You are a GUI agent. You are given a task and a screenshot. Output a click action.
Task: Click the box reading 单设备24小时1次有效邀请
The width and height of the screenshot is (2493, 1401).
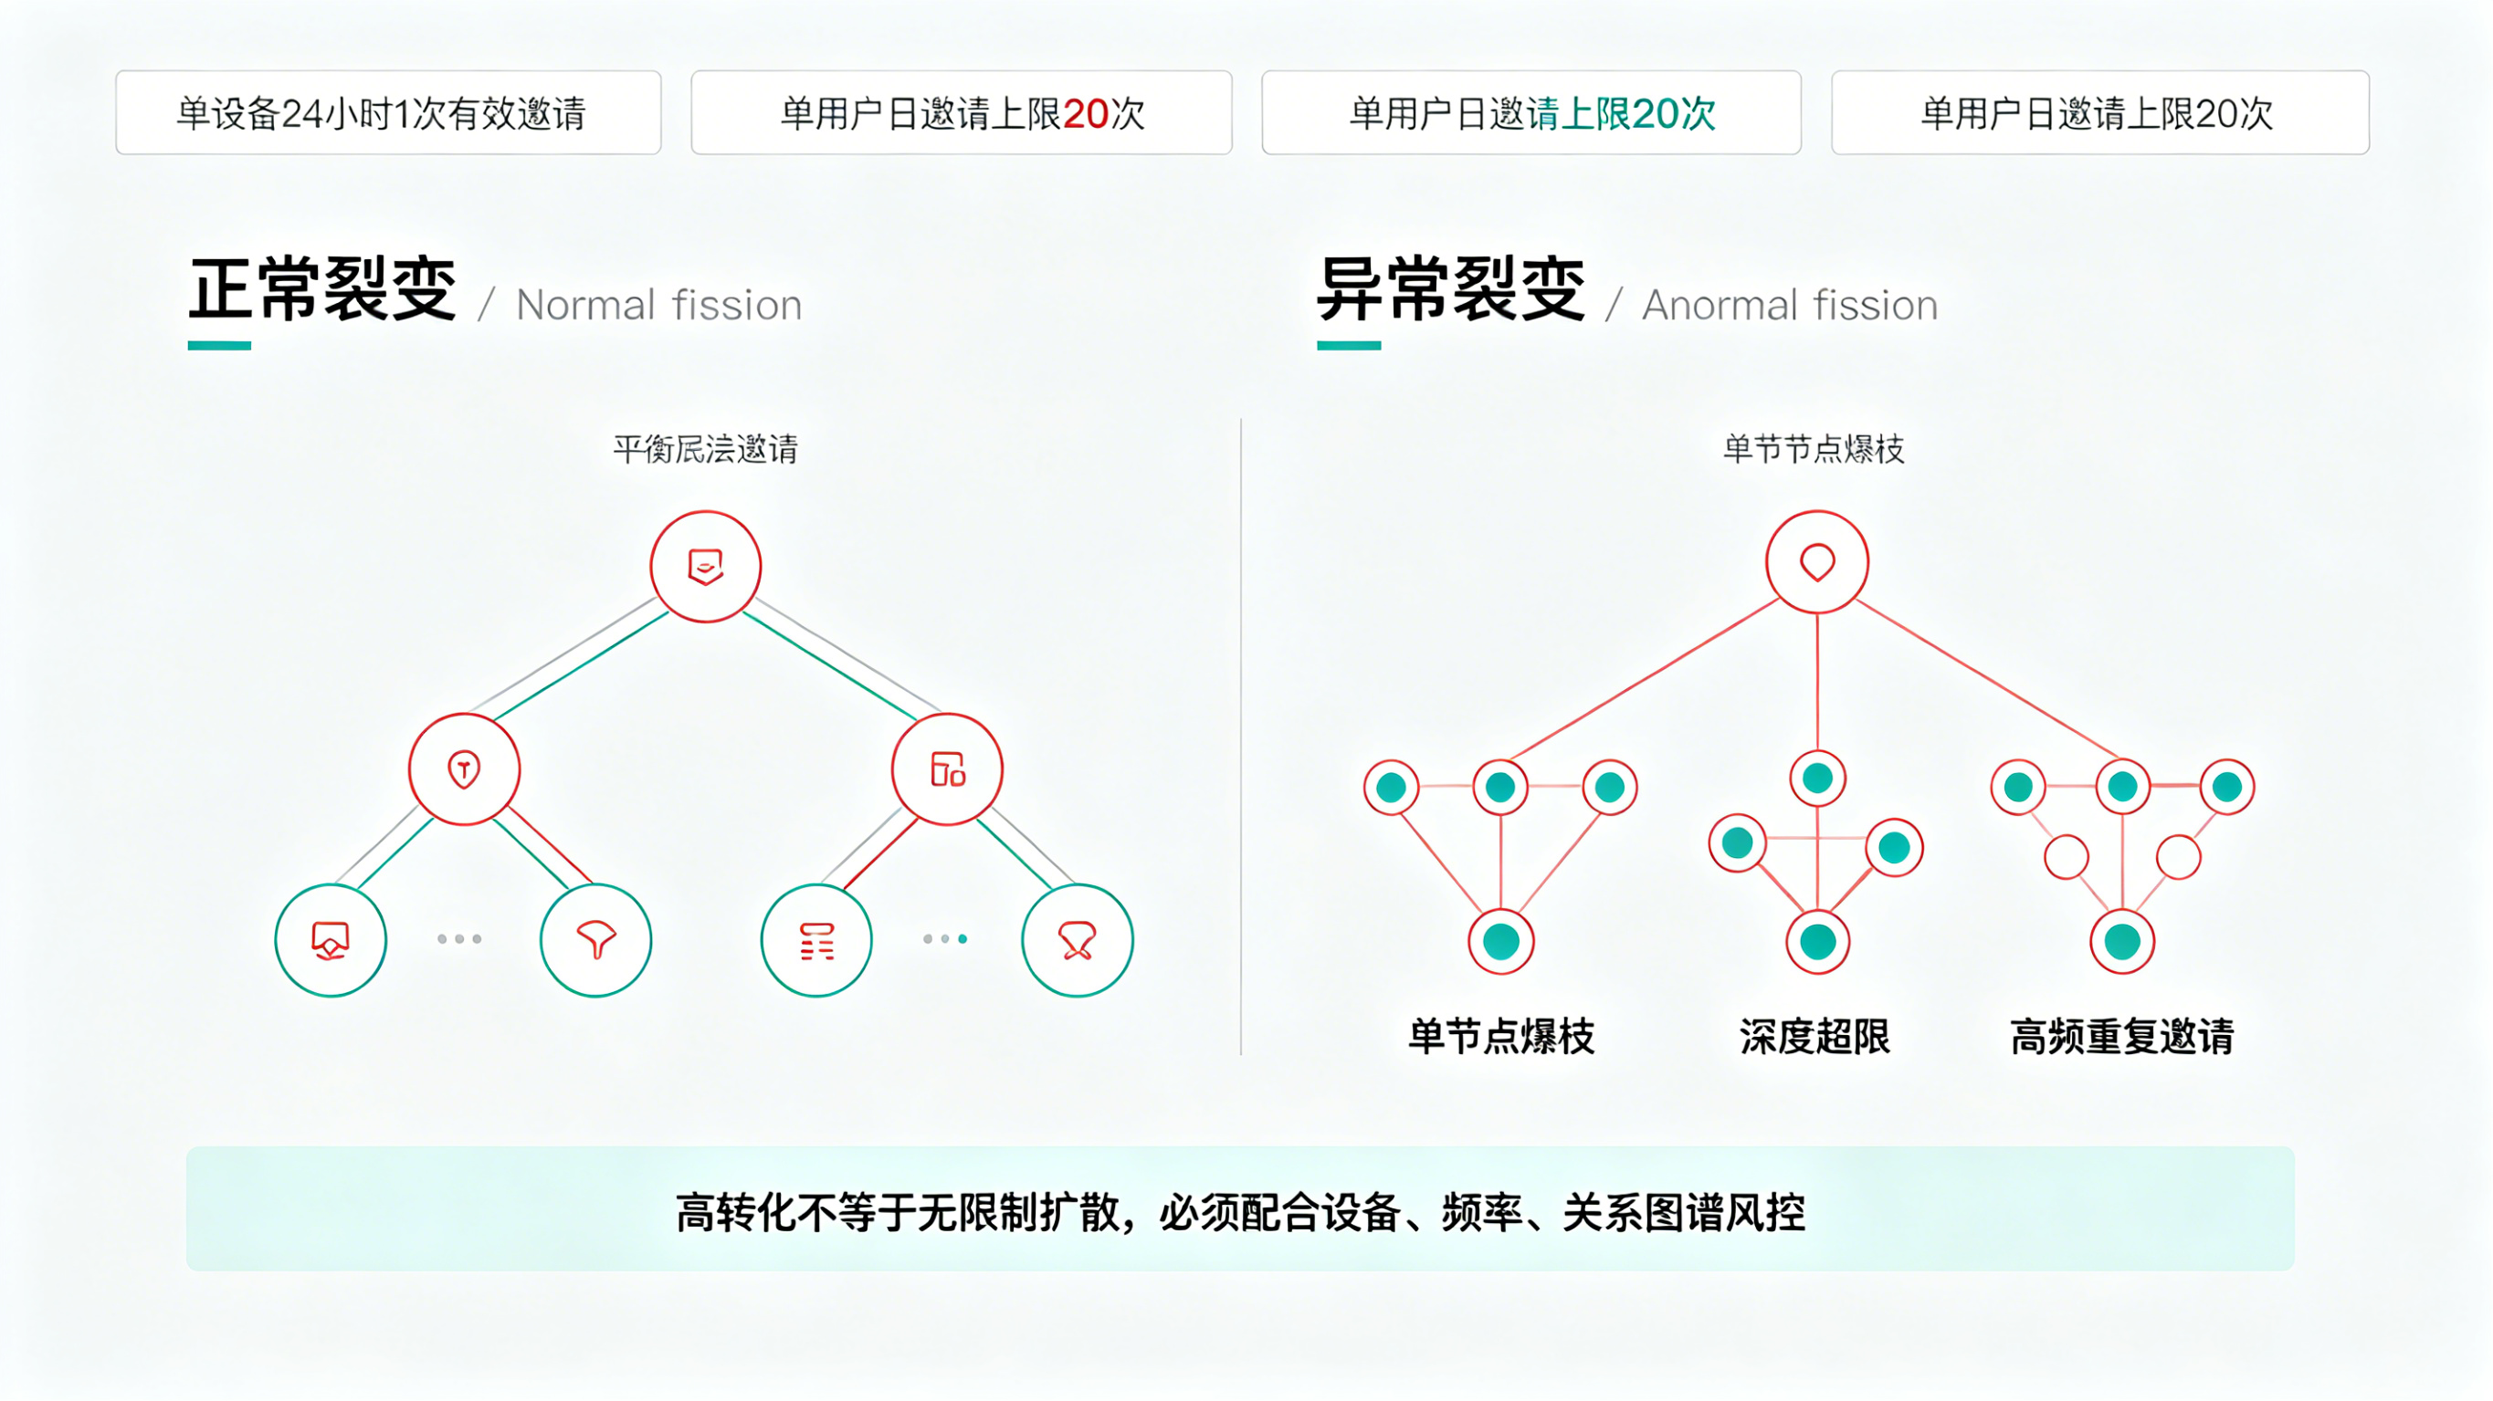pos(388,113)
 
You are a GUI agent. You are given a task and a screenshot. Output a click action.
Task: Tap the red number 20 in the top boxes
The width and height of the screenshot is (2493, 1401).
pos(1085,114)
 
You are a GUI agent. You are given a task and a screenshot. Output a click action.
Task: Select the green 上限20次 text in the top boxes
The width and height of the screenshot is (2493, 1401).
pos(1637,114)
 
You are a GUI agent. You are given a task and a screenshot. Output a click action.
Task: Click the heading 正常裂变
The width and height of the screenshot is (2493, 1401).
pos(322,289)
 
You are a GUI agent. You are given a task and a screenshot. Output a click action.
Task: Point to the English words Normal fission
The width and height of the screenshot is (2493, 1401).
pos(659,306)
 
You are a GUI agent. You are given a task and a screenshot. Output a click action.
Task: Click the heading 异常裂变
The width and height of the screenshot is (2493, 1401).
pos(1451,289)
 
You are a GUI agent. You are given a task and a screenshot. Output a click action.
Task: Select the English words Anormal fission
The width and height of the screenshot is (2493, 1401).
pos(1790,306)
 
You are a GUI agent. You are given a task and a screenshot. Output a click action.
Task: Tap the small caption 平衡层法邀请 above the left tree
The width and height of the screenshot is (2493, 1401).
pos(706,449)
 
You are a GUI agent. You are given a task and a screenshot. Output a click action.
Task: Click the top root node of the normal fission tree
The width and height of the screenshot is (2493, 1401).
pos(706,566)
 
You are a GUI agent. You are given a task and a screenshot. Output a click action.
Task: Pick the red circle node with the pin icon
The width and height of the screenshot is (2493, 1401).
pos(465,769)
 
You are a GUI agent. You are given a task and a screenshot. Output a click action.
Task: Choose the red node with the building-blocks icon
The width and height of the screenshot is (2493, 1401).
pos(948,769)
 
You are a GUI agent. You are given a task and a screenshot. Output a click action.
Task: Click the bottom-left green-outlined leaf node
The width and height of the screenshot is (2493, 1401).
pos(331,939)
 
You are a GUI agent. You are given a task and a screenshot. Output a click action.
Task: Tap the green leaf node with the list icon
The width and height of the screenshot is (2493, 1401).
pos(816,939)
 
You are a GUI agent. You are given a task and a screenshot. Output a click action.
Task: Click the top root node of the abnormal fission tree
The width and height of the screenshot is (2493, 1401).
pos(1816,562)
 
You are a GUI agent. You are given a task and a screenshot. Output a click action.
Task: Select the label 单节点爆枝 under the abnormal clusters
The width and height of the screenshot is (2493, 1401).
pos(1501,1036)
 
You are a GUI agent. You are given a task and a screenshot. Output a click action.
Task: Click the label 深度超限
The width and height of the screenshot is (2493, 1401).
pos(1815,1036)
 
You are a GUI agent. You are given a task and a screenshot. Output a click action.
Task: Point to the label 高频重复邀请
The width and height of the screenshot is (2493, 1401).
pos(2122,1036)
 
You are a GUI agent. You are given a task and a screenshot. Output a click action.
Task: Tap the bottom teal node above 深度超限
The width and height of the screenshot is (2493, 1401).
pos(1817,941)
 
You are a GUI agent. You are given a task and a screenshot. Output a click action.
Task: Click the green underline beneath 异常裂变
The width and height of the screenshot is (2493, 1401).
pos(1348,345)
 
